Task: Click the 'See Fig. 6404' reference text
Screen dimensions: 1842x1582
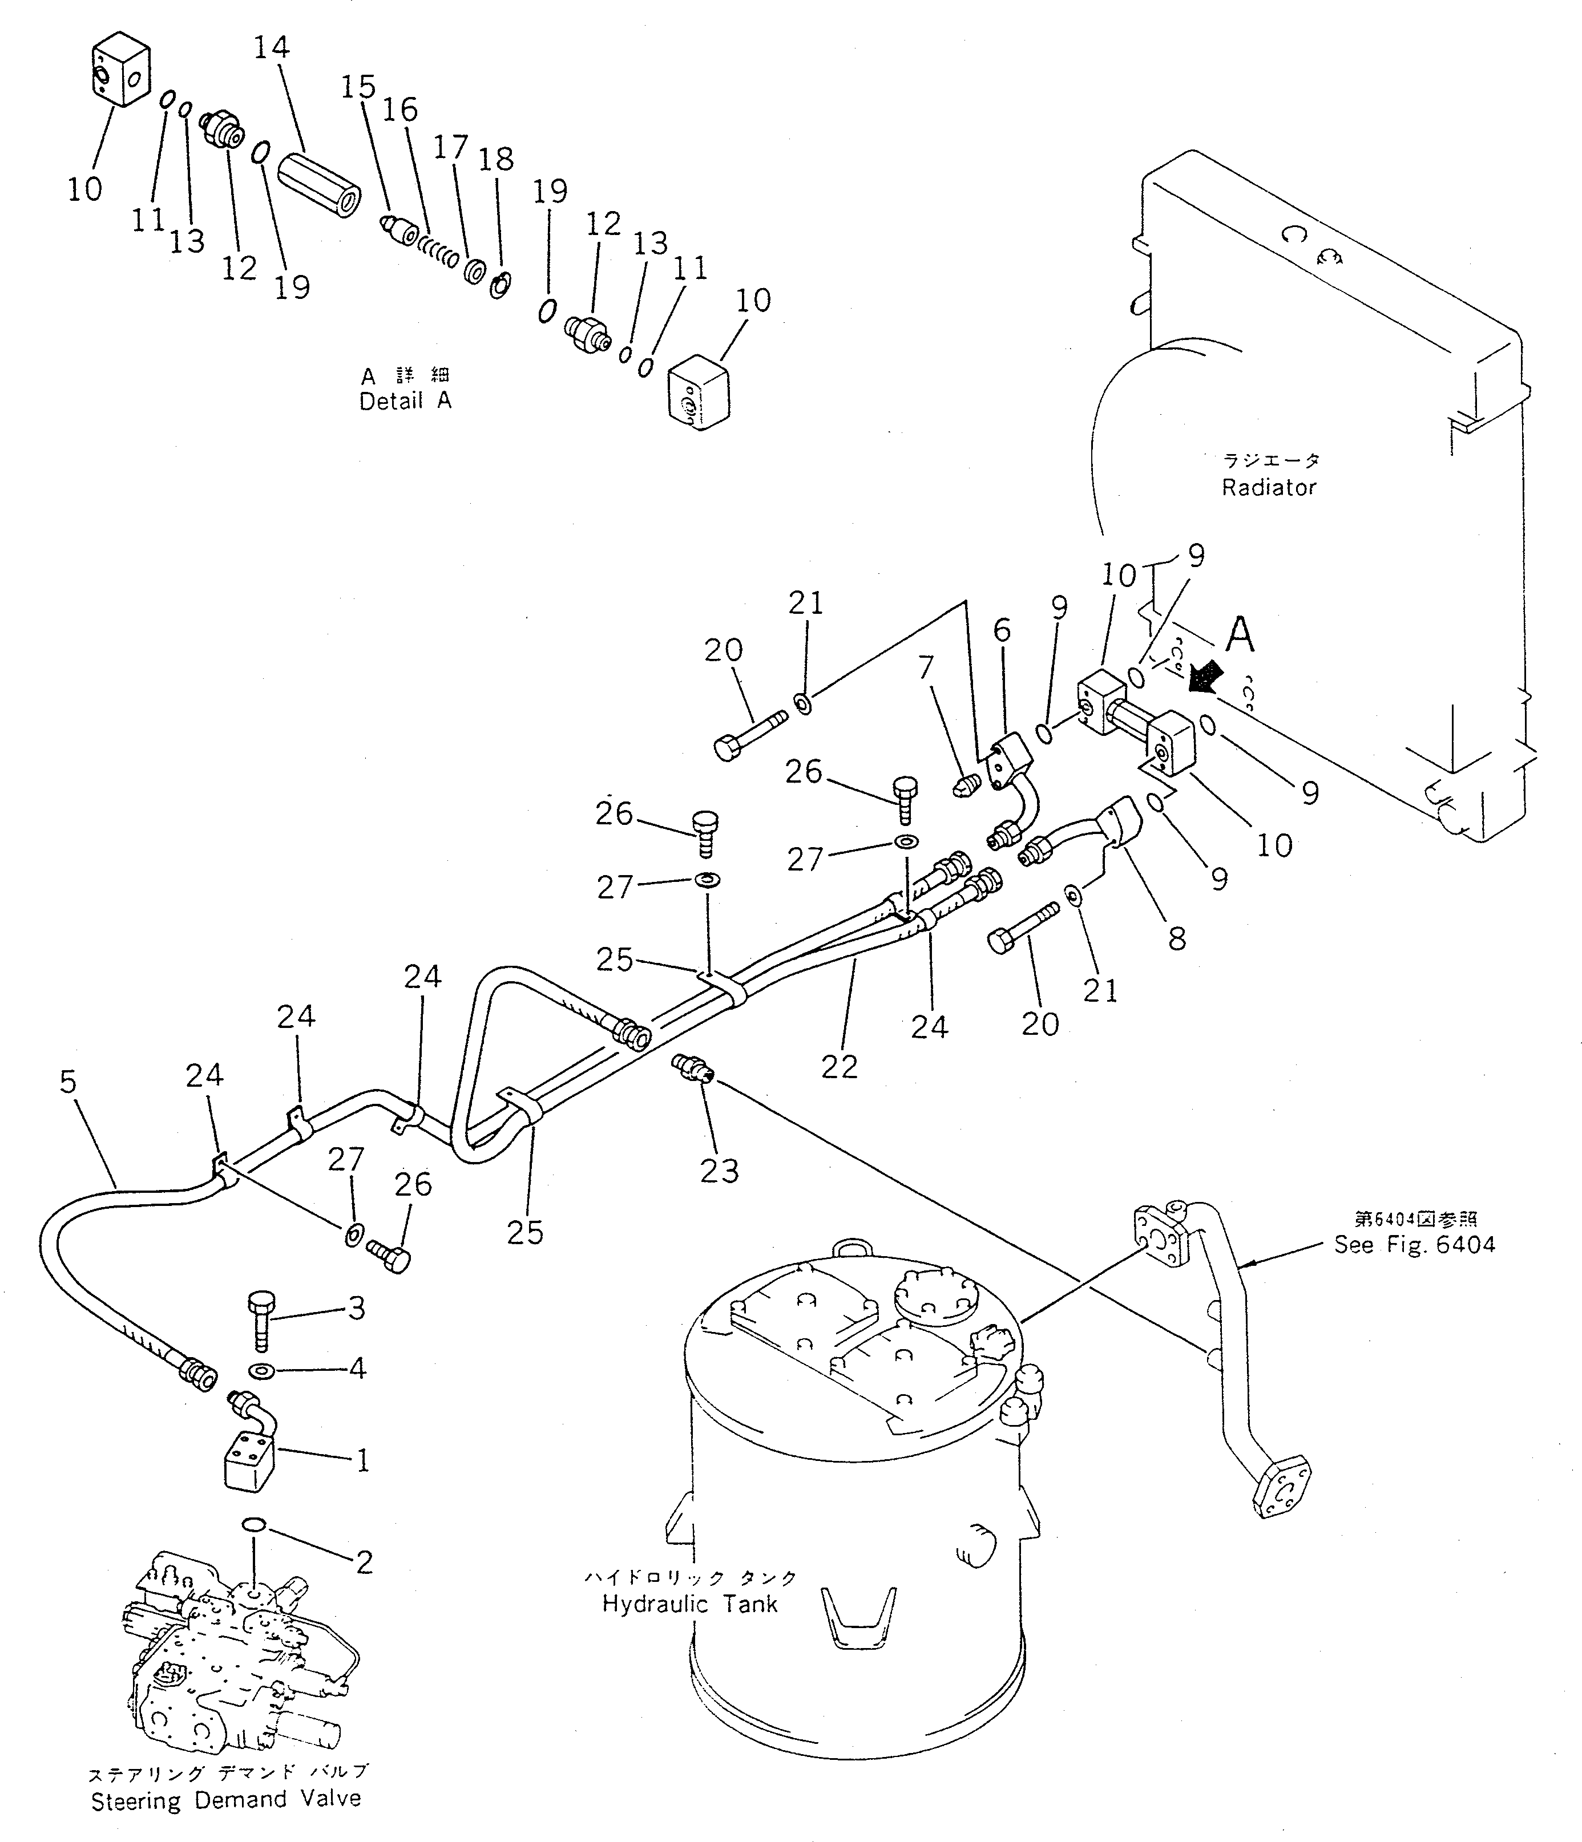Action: coord(1414,1245)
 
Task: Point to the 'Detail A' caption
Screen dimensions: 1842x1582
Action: coord(405,401)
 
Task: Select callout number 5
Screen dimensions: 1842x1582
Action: coord(68,1082)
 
